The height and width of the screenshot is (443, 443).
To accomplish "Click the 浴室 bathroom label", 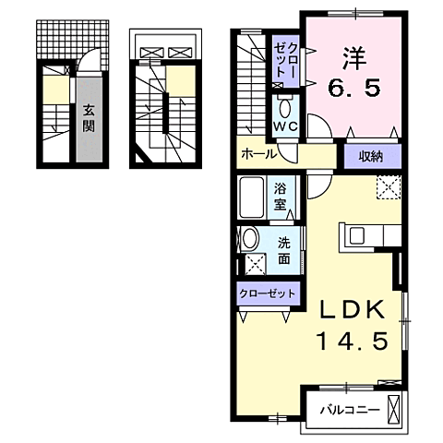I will (281, 197).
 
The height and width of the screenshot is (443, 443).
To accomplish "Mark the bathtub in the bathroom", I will (254, 197).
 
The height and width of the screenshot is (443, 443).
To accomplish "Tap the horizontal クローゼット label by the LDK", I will (268, 293).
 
